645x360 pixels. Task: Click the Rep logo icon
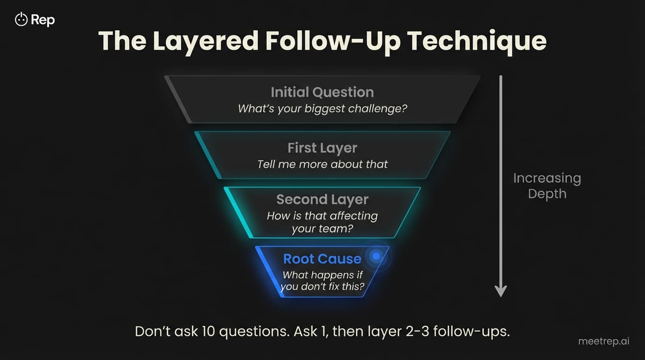(21, 19)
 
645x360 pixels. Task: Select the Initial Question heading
(322, 92)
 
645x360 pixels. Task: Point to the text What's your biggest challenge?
(322, 109)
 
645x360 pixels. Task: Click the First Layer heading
(322, 148)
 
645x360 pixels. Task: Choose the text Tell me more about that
(322, 164)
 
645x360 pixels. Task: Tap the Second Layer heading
(322, 199)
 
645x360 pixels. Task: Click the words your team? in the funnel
(322, 229)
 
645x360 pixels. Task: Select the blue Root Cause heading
(322, 259)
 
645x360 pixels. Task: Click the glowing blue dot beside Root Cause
(375, 255)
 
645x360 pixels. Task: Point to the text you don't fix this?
(322, 286)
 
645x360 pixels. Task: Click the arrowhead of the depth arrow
(501, 291)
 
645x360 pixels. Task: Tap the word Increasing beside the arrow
(547, 178)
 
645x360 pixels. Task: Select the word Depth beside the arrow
(547, 194)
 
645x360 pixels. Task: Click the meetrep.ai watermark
(604, 341)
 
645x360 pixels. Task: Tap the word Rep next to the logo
(43, 20)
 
